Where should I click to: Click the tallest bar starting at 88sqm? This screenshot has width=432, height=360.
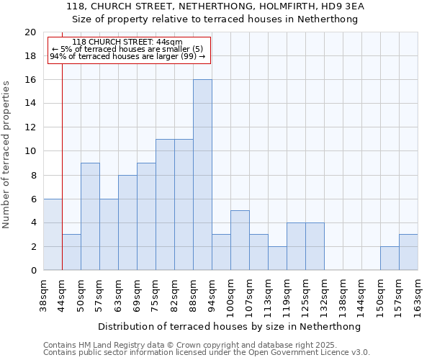[x=202, y=175]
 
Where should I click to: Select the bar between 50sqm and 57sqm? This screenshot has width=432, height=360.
[x=90, y=217]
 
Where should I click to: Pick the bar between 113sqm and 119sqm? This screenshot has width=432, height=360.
[x=277, y=258]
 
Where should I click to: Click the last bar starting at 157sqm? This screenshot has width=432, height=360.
[x=408, y=253]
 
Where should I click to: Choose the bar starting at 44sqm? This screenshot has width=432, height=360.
[x=71, y=253]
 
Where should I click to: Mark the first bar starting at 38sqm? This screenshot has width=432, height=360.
[x=53, y=235]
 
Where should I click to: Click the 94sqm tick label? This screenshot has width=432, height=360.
[x=212, y=294]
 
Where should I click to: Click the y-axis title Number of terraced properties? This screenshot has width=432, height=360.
[x=7, y=154]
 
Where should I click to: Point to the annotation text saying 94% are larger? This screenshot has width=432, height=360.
[x=127, y=56]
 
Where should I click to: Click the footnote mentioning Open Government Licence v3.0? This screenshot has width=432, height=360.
[x=207, y=353]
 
